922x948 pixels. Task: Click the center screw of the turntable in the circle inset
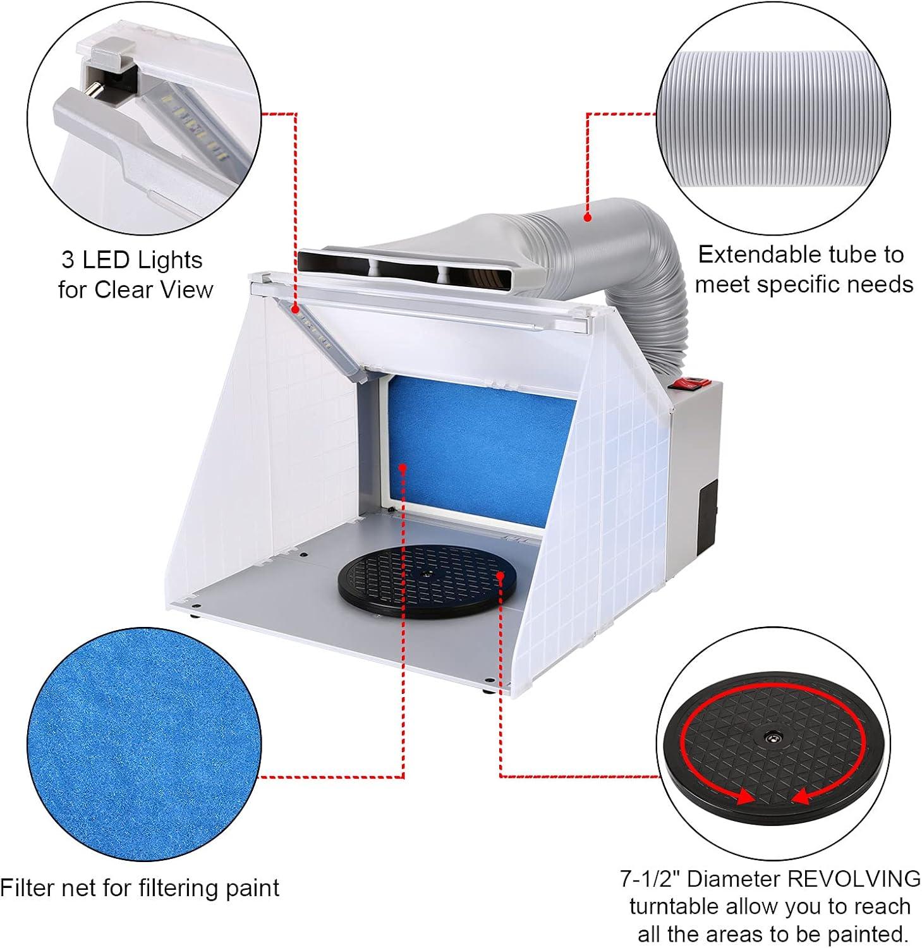(773, 737)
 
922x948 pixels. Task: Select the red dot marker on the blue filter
(403, 468)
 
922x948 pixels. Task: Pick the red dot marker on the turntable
(500, 575)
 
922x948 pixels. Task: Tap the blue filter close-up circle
(144, 744)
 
